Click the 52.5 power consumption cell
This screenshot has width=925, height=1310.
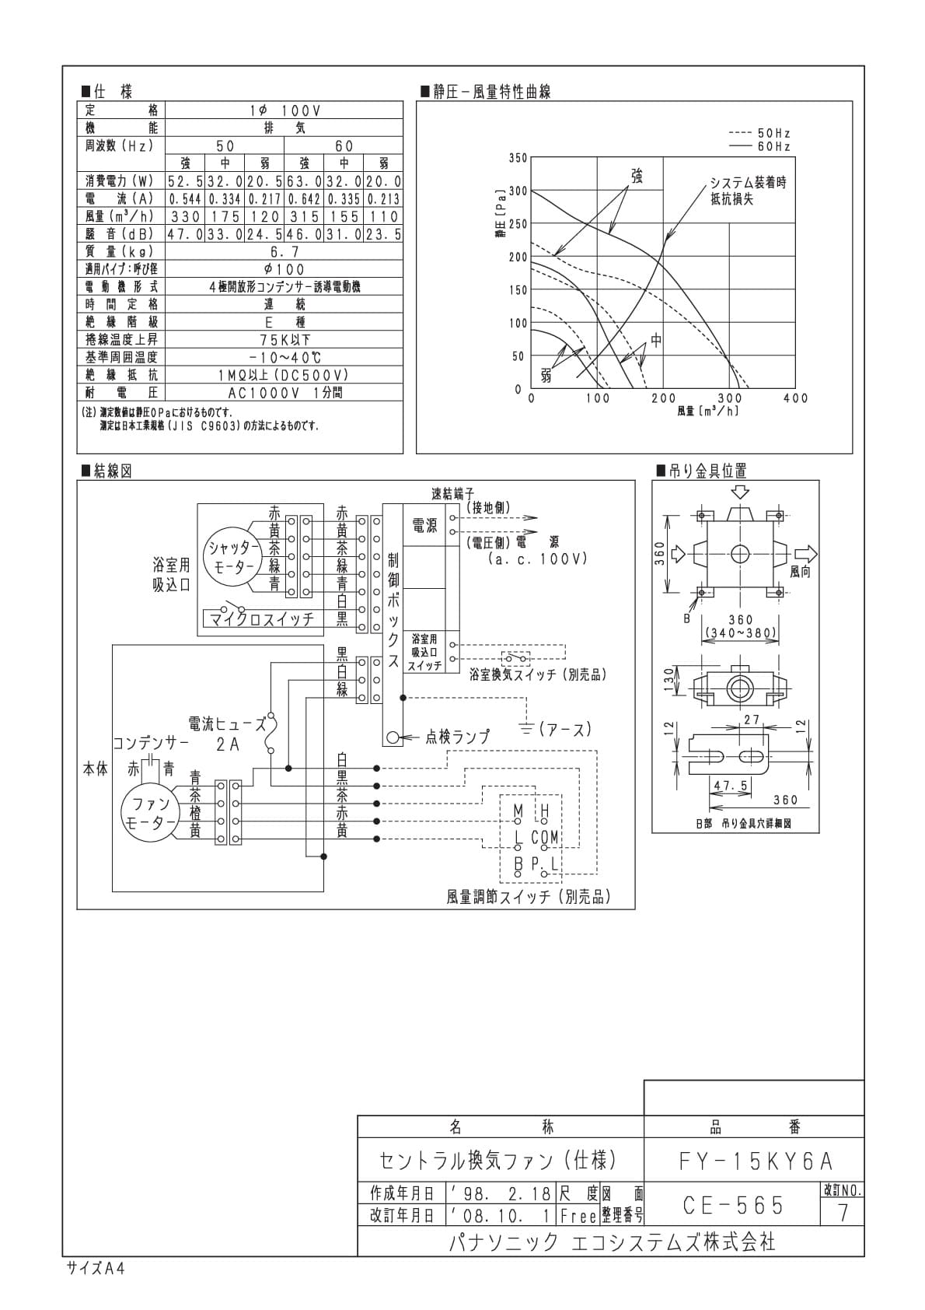click(x=185, y=181)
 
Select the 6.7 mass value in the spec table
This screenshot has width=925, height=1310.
click(x=284, y=252)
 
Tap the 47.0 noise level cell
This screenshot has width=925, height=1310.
click(x=185, y=234)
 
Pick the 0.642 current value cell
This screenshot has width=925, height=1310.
click(x=304, y=199)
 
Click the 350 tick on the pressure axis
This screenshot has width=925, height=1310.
click(x=518, y=158)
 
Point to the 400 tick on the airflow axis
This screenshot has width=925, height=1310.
click(x=796, y=398)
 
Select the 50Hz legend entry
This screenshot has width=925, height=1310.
click(x=759, y=134)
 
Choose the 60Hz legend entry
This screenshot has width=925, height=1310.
click(x=759, y=147)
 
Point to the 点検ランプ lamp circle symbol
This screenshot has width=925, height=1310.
click(x=393, y=737)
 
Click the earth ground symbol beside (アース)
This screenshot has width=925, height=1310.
click(x=527, y=729)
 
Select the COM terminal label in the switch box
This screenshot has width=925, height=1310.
click(x=545, y=838)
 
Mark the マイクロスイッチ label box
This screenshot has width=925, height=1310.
click(x=263, y=618)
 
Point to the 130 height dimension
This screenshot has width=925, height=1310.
click(x=669, y=679)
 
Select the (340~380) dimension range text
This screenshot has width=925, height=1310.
click(x=741, y=632)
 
